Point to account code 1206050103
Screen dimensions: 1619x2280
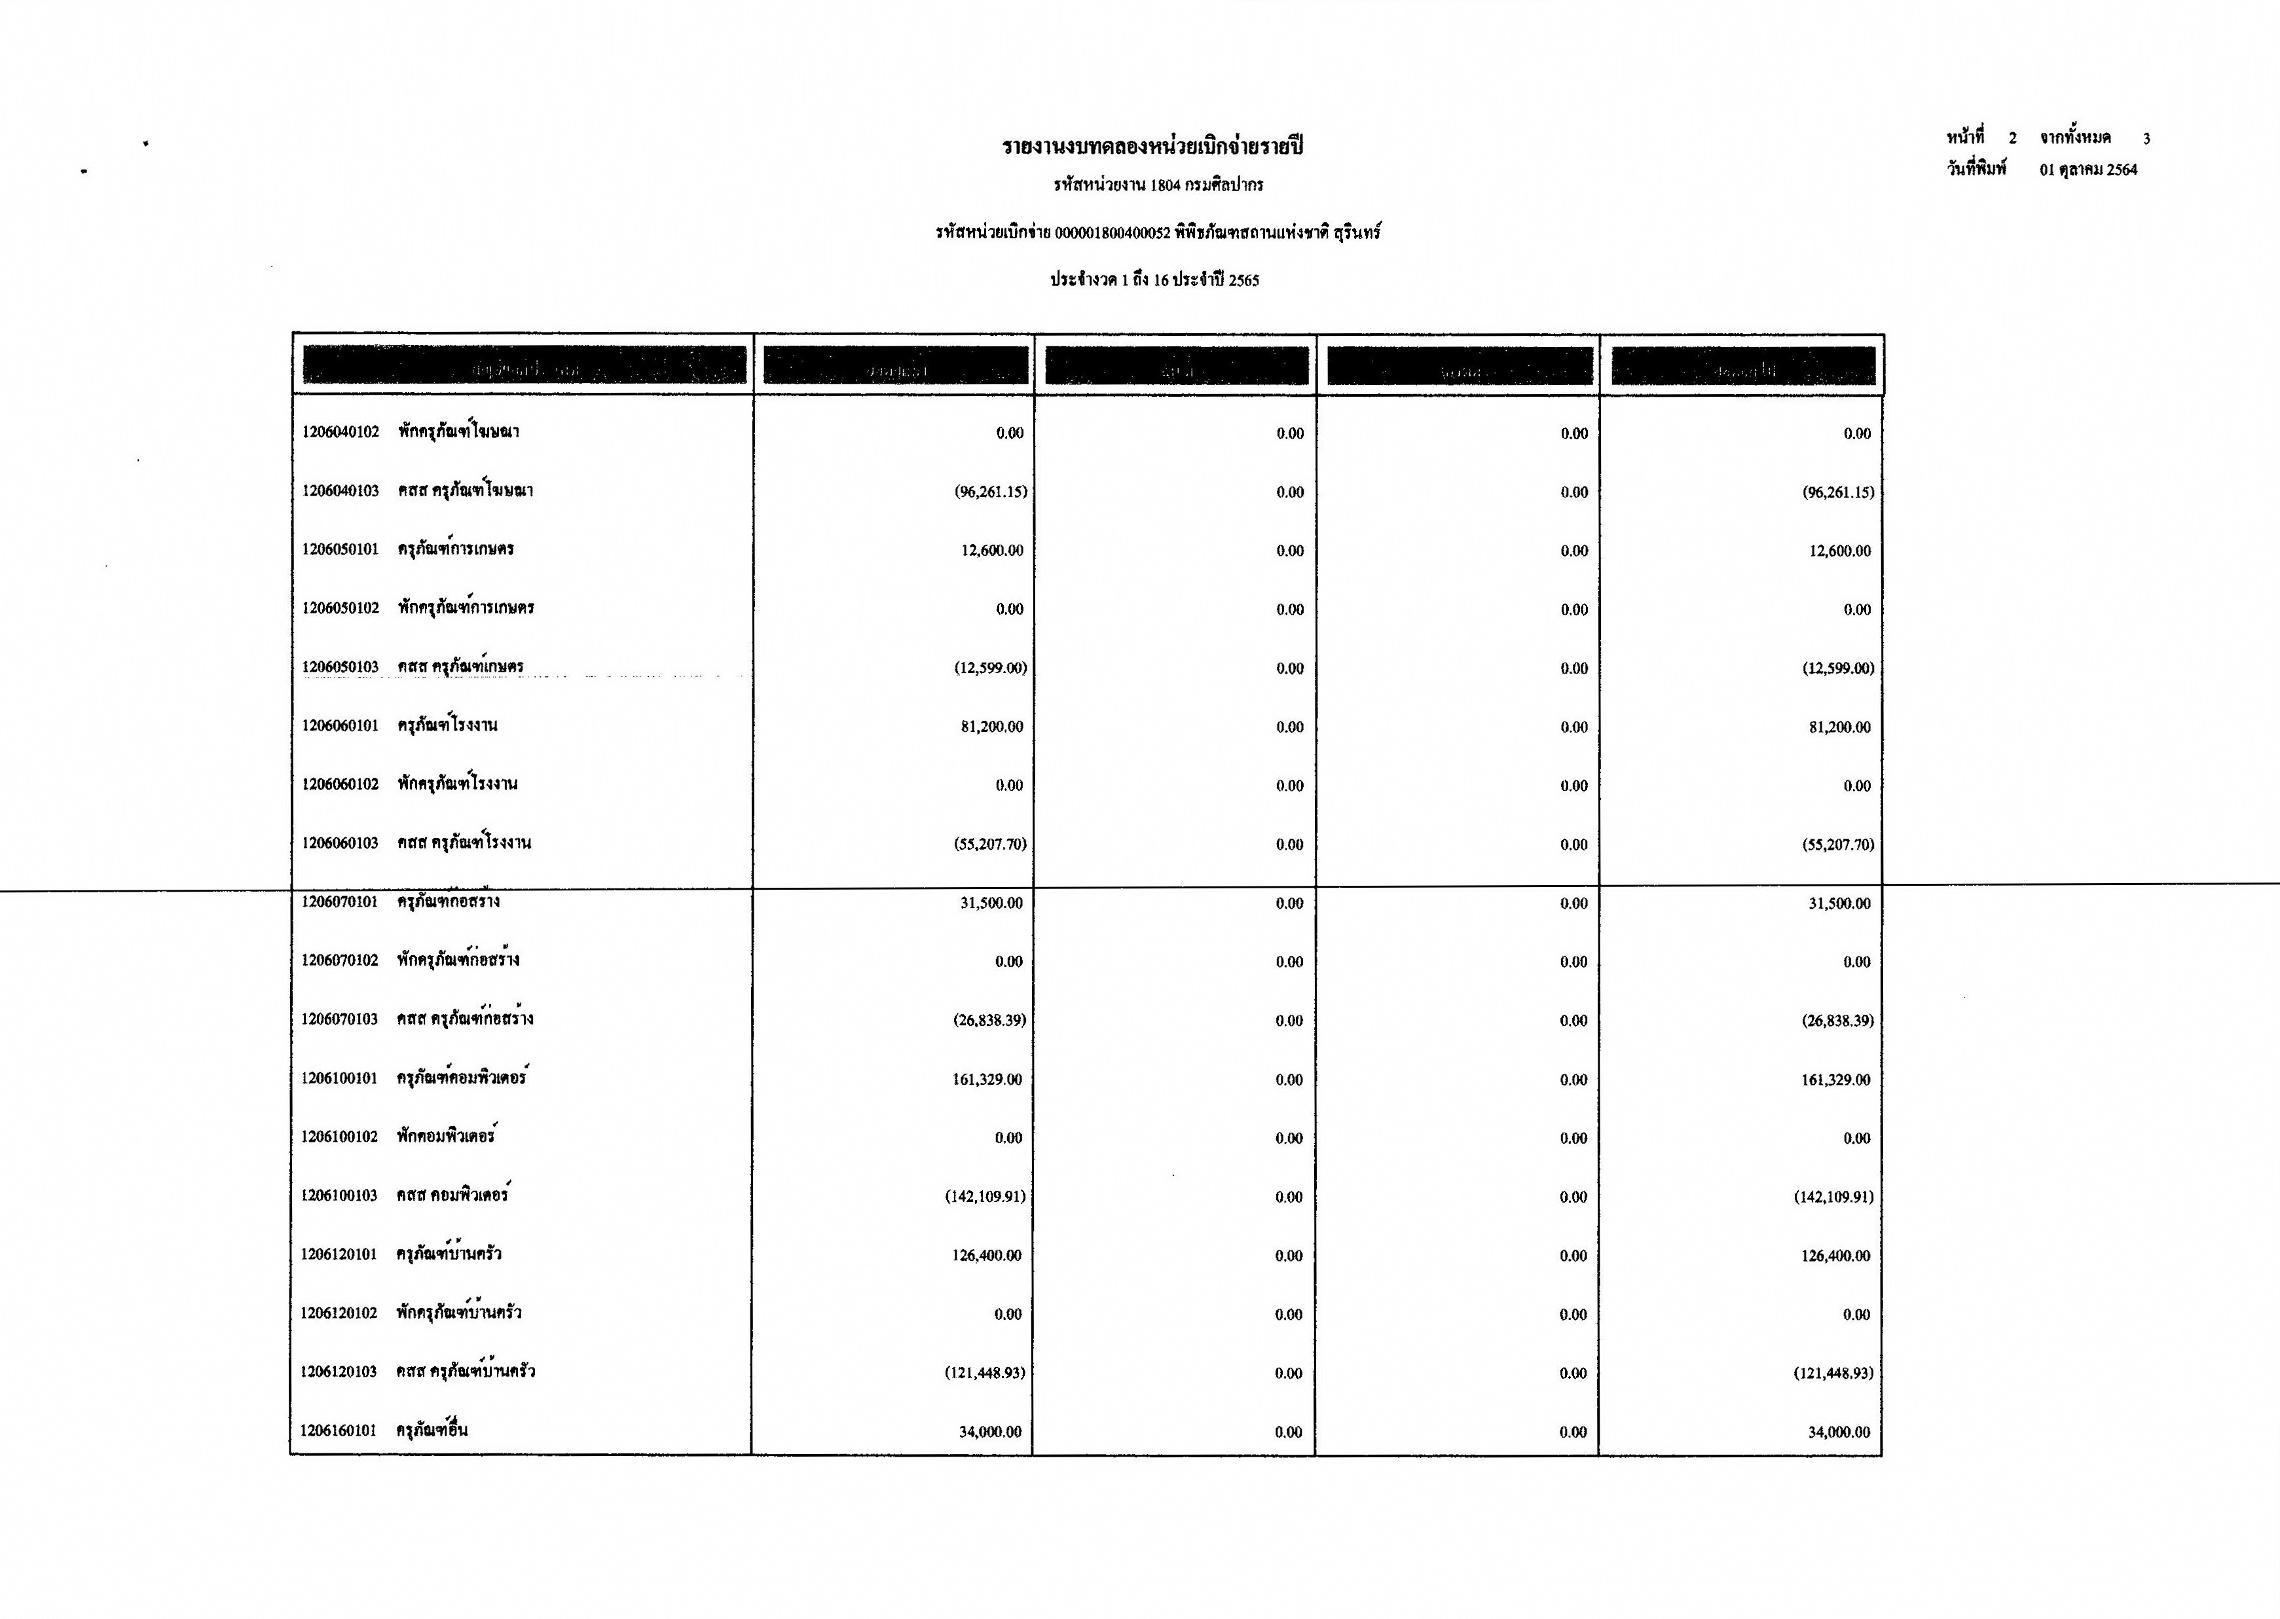click(x=341, y=667)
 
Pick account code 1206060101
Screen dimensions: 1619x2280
click(x=341, y=726)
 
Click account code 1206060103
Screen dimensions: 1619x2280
click(x=341, y=843)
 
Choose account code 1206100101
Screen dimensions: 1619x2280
click(x=340, y=1079)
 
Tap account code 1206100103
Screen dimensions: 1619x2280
click(x=340, y=1195)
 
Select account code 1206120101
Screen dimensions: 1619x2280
click(x=339, y=1254)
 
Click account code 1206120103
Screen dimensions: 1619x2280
click(x=339, y=1372)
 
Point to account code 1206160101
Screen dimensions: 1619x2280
click(x=339, y=1430)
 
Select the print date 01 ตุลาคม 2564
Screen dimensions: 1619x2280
click(x=2087, y=170)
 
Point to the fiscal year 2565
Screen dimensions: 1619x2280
click(x=1243, y=281)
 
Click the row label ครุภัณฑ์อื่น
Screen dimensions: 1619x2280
click(x=433, y=1430)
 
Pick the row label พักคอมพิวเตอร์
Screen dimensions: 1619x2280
click(x=447, y=1137)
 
